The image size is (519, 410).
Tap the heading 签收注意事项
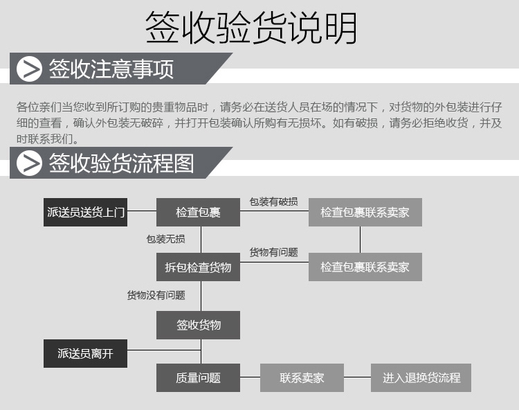tap(111, 69)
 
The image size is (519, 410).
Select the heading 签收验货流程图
tap(121, 163)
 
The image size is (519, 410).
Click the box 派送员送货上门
tap(86, 212)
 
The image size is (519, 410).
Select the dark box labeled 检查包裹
tap(198, 212)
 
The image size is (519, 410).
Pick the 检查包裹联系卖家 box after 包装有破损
tap(365, 212)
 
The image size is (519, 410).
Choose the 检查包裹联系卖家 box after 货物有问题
tap(365, 267)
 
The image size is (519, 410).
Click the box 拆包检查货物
tap(198, 267)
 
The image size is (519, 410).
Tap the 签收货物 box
tap(198, 325)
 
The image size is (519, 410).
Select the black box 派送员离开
tap(86, 353)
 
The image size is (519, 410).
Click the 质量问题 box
tap(198, 377)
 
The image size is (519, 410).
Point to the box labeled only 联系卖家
tap(302, 377)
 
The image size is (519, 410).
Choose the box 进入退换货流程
tap(421, 377)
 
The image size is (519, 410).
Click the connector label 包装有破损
tap(273, 202)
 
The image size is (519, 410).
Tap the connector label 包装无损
tap(165, 239)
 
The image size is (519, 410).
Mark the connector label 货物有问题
tap(273, 253)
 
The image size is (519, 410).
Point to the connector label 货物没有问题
tap(156, 295)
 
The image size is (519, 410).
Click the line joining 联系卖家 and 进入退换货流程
tap(357, 377)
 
